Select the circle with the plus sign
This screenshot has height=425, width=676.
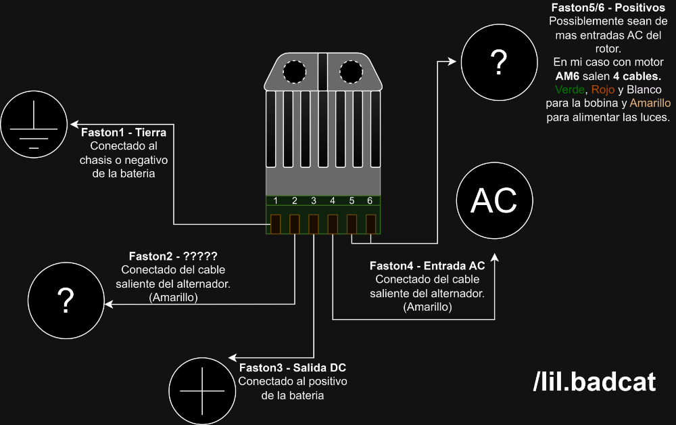click(x=201, y=391)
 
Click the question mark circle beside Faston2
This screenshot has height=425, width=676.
click(x=66, y=301)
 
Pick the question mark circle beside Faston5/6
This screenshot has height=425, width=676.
click(x=498, y=62)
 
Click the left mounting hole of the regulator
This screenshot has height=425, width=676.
click(x=294, y=72)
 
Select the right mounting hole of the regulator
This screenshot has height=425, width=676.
click(x=350, y=72)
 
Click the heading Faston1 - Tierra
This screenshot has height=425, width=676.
click(x=124, y=133)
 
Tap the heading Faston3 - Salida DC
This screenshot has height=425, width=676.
click(x=293, y=368)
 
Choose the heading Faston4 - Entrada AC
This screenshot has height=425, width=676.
click(x=427, y=266)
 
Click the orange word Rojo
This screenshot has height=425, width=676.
click(x=603, y=89)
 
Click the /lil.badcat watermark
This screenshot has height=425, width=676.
click(x=594, y=382)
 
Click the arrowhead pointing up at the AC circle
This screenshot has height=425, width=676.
click(x=496, y=258)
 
